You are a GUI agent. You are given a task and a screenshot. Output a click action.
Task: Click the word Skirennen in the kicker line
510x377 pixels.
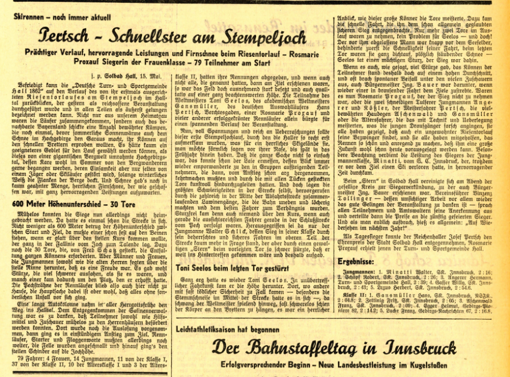pos(32,17)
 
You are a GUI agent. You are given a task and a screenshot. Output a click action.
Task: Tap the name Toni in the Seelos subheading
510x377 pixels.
pos(184,267)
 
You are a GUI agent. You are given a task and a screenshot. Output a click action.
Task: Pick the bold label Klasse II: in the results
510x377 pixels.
pos(358,295)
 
